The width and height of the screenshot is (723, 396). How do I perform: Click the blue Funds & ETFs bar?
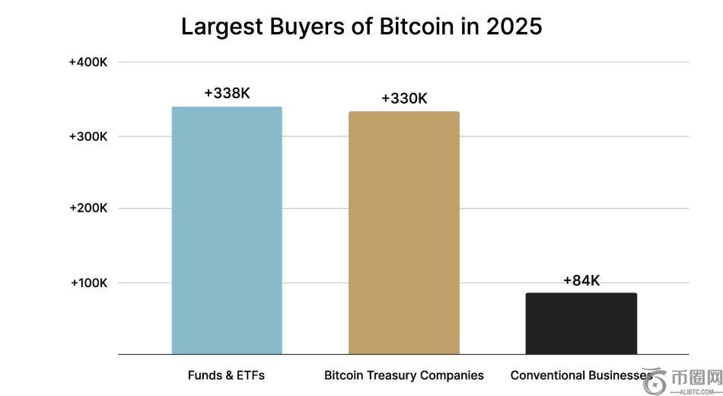[x=227, y=230]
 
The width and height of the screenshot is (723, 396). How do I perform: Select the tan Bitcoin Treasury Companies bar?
[x=404, y=232]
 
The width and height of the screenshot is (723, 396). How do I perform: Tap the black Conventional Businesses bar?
[x=581, y=324]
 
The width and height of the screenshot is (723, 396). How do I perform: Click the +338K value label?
[x=227, y=94]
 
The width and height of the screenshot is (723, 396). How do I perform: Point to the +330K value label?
[x=404, y=99]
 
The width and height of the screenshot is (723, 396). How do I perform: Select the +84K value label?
[x=581, y=281]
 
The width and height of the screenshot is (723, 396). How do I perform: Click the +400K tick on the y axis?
[x=88, y=62]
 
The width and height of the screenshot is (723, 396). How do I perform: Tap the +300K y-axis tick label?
[x=88, y=136]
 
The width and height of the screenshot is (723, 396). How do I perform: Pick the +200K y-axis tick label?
[x=88, y=208]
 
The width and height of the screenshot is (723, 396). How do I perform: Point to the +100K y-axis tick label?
[x=89, y=283]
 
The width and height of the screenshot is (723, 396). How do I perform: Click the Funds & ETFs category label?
[x=226, y=375]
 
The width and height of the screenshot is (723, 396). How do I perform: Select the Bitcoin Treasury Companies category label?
[x=404, y=375]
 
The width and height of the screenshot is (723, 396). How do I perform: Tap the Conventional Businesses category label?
[x=581, y=375]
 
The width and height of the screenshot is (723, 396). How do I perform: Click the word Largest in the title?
[x=223, y=27]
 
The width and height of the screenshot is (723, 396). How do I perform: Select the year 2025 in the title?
[x=513, y=27]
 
